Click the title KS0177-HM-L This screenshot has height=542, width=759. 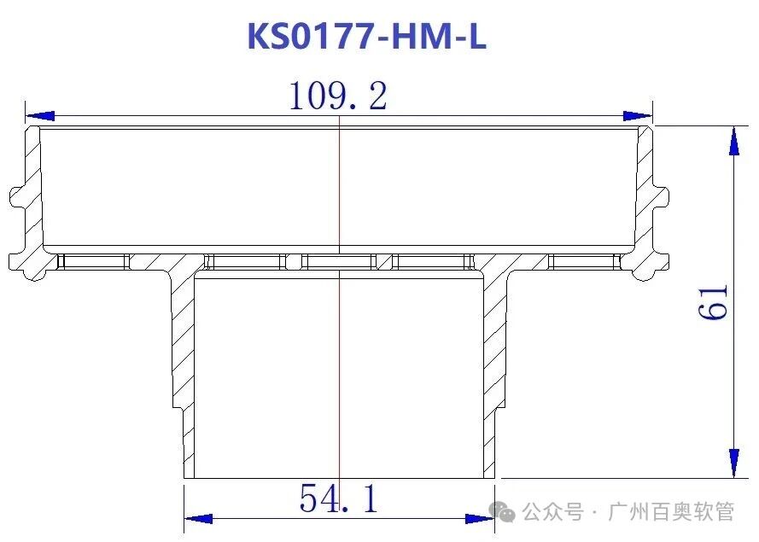click(366, 37)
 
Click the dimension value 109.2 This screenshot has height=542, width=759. click(338, 96)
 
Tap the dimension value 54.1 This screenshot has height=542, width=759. click(338, 498)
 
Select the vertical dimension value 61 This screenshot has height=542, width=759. click(714, 301)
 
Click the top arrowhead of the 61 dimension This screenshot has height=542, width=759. click(733, 140)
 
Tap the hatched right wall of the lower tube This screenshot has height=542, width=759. click(496, 350)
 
